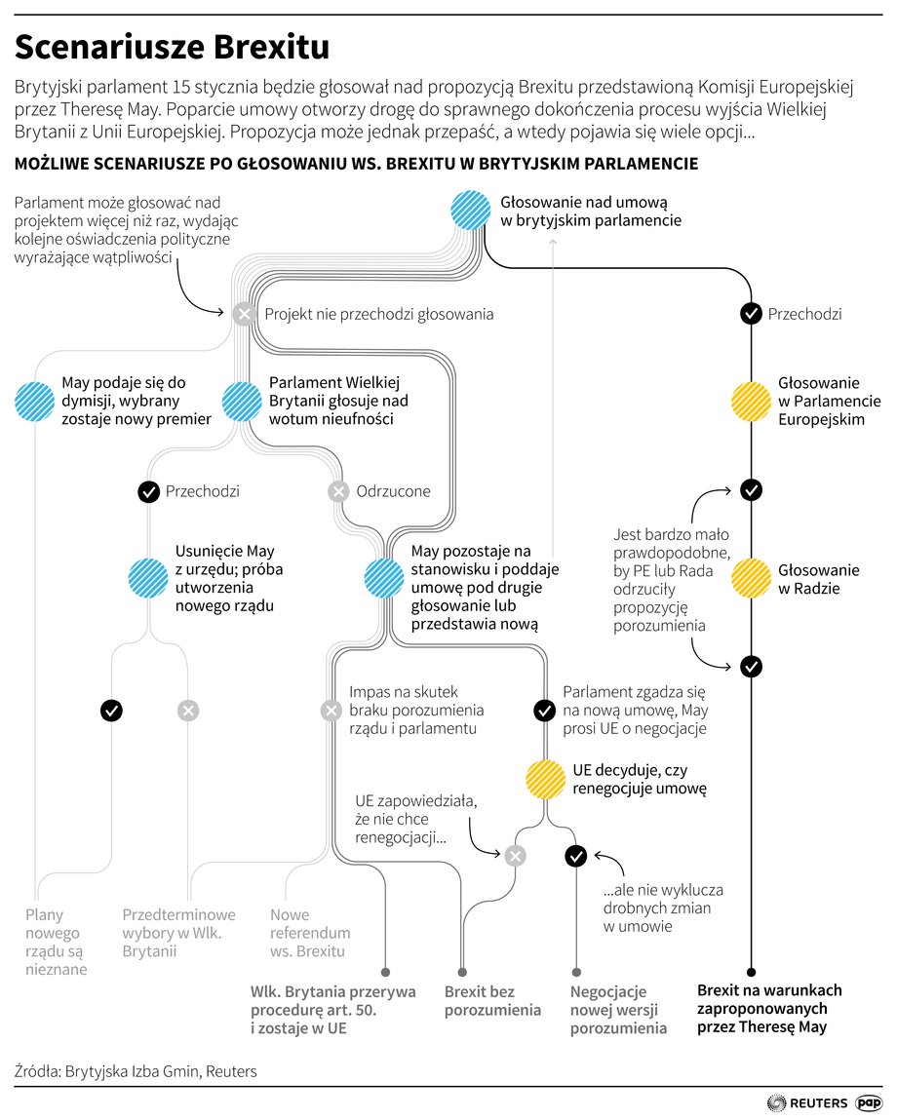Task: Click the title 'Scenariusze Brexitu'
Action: point(172,47)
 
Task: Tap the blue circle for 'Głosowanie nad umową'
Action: point(471,210)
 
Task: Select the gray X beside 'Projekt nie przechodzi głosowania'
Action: point(245,314)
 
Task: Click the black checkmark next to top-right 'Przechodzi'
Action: point(751,314)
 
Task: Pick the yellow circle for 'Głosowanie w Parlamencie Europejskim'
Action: point(751,402)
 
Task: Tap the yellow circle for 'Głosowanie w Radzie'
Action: point(751,578)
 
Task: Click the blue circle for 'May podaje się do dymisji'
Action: point(34,402)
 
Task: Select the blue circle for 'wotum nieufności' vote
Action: point(243,402)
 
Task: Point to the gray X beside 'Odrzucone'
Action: point(338,491)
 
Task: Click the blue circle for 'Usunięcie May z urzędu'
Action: point(148,578)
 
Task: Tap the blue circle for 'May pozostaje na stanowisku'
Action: point(384,578)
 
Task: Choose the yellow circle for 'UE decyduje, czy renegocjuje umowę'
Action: point(545,779)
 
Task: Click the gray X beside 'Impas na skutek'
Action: point(331,711)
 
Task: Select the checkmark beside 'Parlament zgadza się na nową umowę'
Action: point(545,711)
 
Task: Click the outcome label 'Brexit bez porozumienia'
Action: point(492,1001)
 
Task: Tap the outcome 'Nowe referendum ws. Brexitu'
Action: point(310,933)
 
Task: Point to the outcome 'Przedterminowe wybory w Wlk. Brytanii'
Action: point(178,933)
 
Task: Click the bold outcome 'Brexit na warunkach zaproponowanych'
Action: point(769,1009)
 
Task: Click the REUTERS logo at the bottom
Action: point(807,1102)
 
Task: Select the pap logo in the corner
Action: point(869,1102)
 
